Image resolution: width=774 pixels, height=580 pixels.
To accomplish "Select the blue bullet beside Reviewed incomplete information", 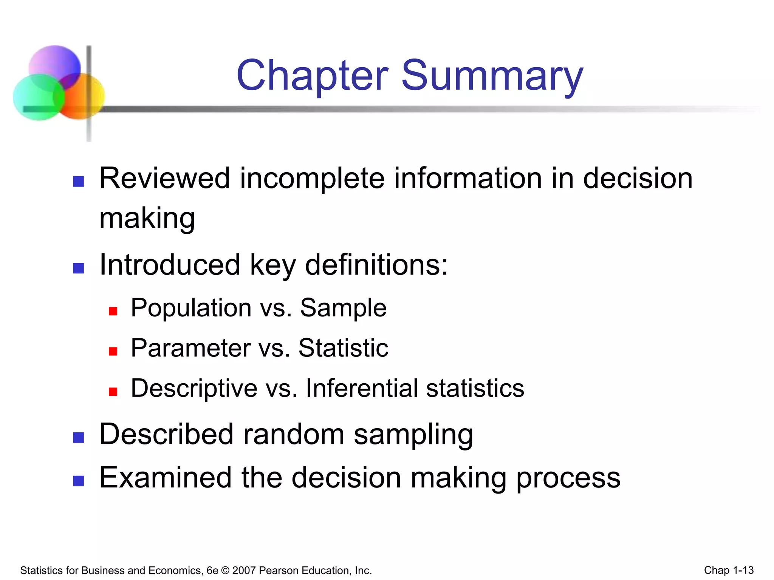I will [78, 181].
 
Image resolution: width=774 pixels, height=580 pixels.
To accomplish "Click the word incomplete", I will [312, 178].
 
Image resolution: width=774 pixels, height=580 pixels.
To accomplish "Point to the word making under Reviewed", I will [147, 218].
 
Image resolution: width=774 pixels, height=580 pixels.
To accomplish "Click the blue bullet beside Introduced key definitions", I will [78, 268].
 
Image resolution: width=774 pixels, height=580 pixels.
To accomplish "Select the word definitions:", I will [376, 264].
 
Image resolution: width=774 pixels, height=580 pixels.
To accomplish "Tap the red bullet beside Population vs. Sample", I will [113, 311].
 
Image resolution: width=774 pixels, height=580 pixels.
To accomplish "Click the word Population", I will [191, 308].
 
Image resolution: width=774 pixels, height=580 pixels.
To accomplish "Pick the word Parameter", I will [191, 348].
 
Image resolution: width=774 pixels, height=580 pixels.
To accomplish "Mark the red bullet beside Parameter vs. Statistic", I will [113, 351].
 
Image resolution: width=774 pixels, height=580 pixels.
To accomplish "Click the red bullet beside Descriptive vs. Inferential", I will [113, 392].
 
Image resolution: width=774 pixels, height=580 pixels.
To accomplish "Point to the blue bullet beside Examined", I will [78, 481].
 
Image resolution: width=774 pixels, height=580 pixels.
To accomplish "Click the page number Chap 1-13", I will [729, 570].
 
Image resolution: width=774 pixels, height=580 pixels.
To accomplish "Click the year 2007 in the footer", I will [244, 570].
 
